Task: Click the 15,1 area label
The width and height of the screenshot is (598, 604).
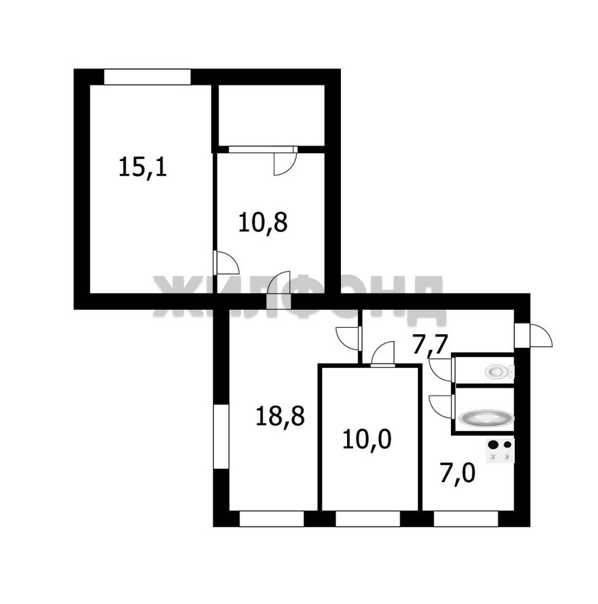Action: (x=143, y=168)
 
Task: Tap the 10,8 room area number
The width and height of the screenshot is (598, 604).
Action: (x=263, y=223)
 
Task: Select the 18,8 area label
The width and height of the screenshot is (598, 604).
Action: (x=280, y=416)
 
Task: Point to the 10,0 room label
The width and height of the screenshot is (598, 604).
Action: (x=367, y=440)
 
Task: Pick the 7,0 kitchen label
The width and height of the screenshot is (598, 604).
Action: (x=458, y=473)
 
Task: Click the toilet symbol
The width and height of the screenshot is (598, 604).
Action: (x=500, y=371)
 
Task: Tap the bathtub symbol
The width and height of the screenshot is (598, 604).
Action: (x=486, y=418)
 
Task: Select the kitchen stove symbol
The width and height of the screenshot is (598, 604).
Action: (x=500, y=451)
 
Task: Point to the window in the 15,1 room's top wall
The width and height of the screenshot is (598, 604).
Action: (x=148, y=77)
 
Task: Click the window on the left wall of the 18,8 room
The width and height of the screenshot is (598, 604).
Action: (x=221, y=436)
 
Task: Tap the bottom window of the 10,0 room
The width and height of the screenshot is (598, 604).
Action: (x=368, y=518)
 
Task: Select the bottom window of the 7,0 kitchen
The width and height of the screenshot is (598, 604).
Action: (x=466, y=518)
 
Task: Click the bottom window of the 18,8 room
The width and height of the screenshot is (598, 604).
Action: (x=272, y=518)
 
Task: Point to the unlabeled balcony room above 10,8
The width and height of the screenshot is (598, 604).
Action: (x=272, y=115)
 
